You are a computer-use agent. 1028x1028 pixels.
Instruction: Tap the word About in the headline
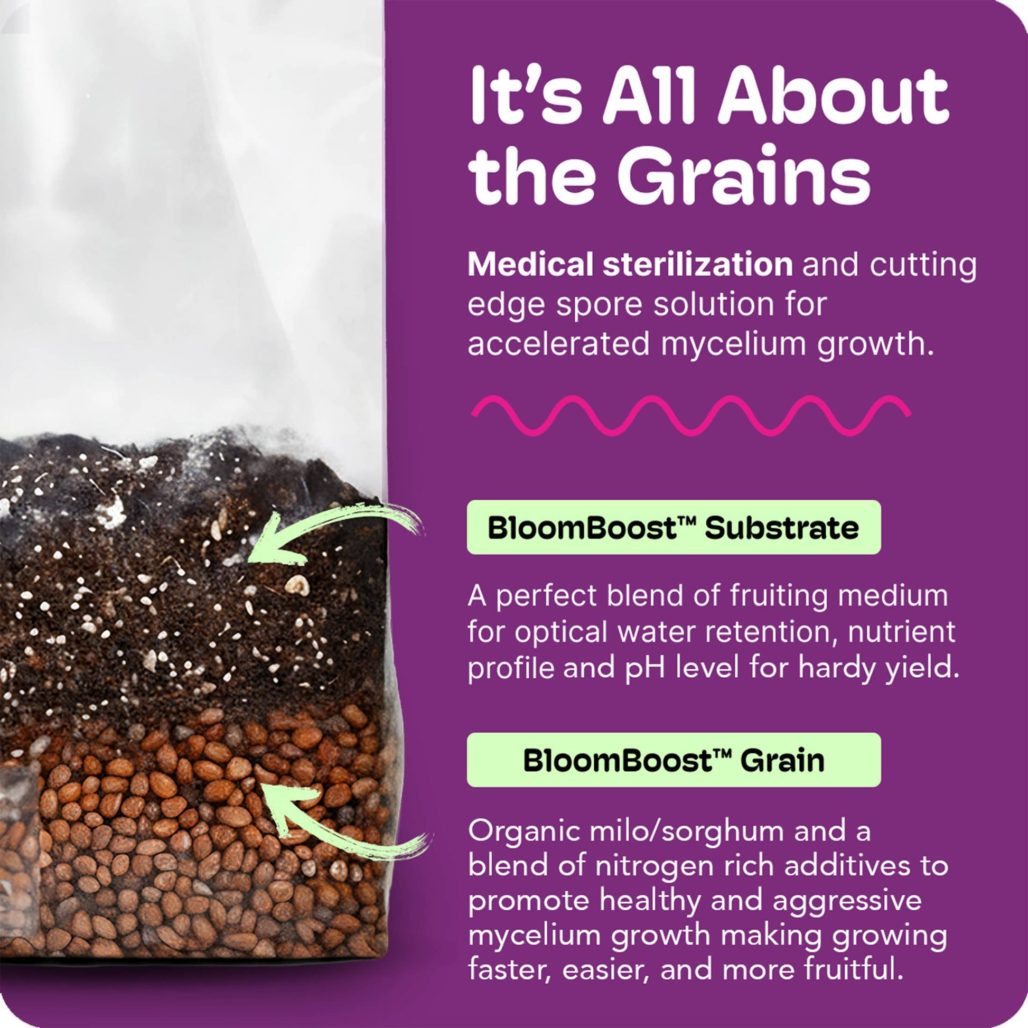834,96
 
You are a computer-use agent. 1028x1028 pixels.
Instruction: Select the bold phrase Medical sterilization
631,265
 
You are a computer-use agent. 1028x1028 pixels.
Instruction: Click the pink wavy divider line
690,416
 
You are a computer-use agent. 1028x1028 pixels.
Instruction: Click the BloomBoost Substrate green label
674,527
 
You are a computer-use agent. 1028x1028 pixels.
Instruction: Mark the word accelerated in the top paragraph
559,344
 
